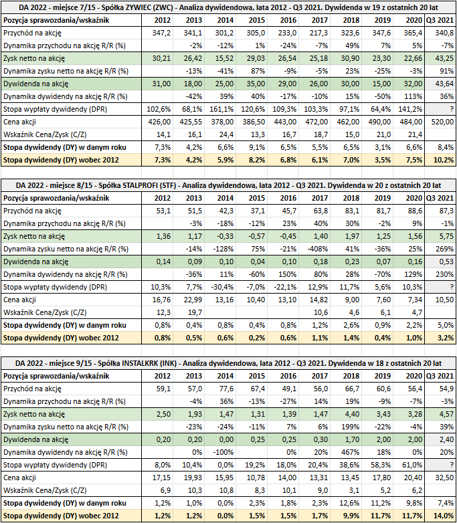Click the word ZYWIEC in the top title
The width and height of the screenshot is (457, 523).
(x=132, y=7)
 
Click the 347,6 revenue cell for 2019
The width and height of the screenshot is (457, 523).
(x=381, y=33)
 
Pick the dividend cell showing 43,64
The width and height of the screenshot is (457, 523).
(x=444, y=84)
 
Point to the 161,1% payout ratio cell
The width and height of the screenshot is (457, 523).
(x=221, y=109)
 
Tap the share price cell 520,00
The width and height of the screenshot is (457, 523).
(x=442, y=122)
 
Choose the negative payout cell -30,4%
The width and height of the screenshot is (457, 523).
(x=222, y=287)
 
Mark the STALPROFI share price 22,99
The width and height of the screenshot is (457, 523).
(x=193, y=300)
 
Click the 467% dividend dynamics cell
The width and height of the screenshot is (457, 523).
(x=350, y=452)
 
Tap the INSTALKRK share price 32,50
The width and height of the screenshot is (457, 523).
(x=444, y=478)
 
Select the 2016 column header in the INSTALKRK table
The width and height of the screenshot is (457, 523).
(x=288, y=376)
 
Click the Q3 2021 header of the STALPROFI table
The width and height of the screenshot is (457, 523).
(x=440, y=198)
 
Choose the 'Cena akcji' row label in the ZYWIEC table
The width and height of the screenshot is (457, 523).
(x=19, y=122)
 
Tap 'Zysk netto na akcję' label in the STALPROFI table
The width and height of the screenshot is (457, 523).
(x=34, y=236)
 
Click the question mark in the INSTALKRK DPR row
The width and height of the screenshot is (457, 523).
(x=452, y=465)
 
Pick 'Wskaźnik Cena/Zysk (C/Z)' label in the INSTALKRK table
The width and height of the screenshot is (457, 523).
(x=45, y=490)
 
